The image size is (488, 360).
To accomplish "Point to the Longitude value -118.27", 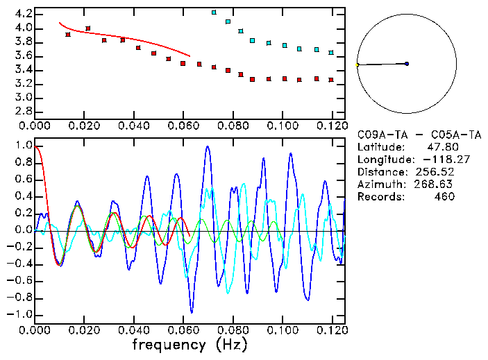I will tap(435, 160).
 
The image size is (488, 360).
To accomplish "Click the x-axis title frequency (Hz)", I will tap(189, 344).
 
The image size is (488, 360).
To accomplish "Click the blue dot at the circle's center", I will tap(407, 64).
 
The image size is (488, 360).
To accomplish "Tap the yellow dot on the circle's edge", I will tap(357, 65).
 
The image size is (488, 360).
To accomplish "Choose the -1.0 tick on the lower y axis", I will tap(21, 314).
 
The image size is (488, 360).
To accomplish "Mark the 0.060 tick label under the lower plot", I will tap(183, 329).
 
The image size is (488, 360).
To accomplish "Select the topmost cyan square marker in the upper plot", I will tap(214, 12).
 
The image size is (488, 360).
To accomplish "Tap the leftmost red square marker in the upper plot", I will tap(67, 35).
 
